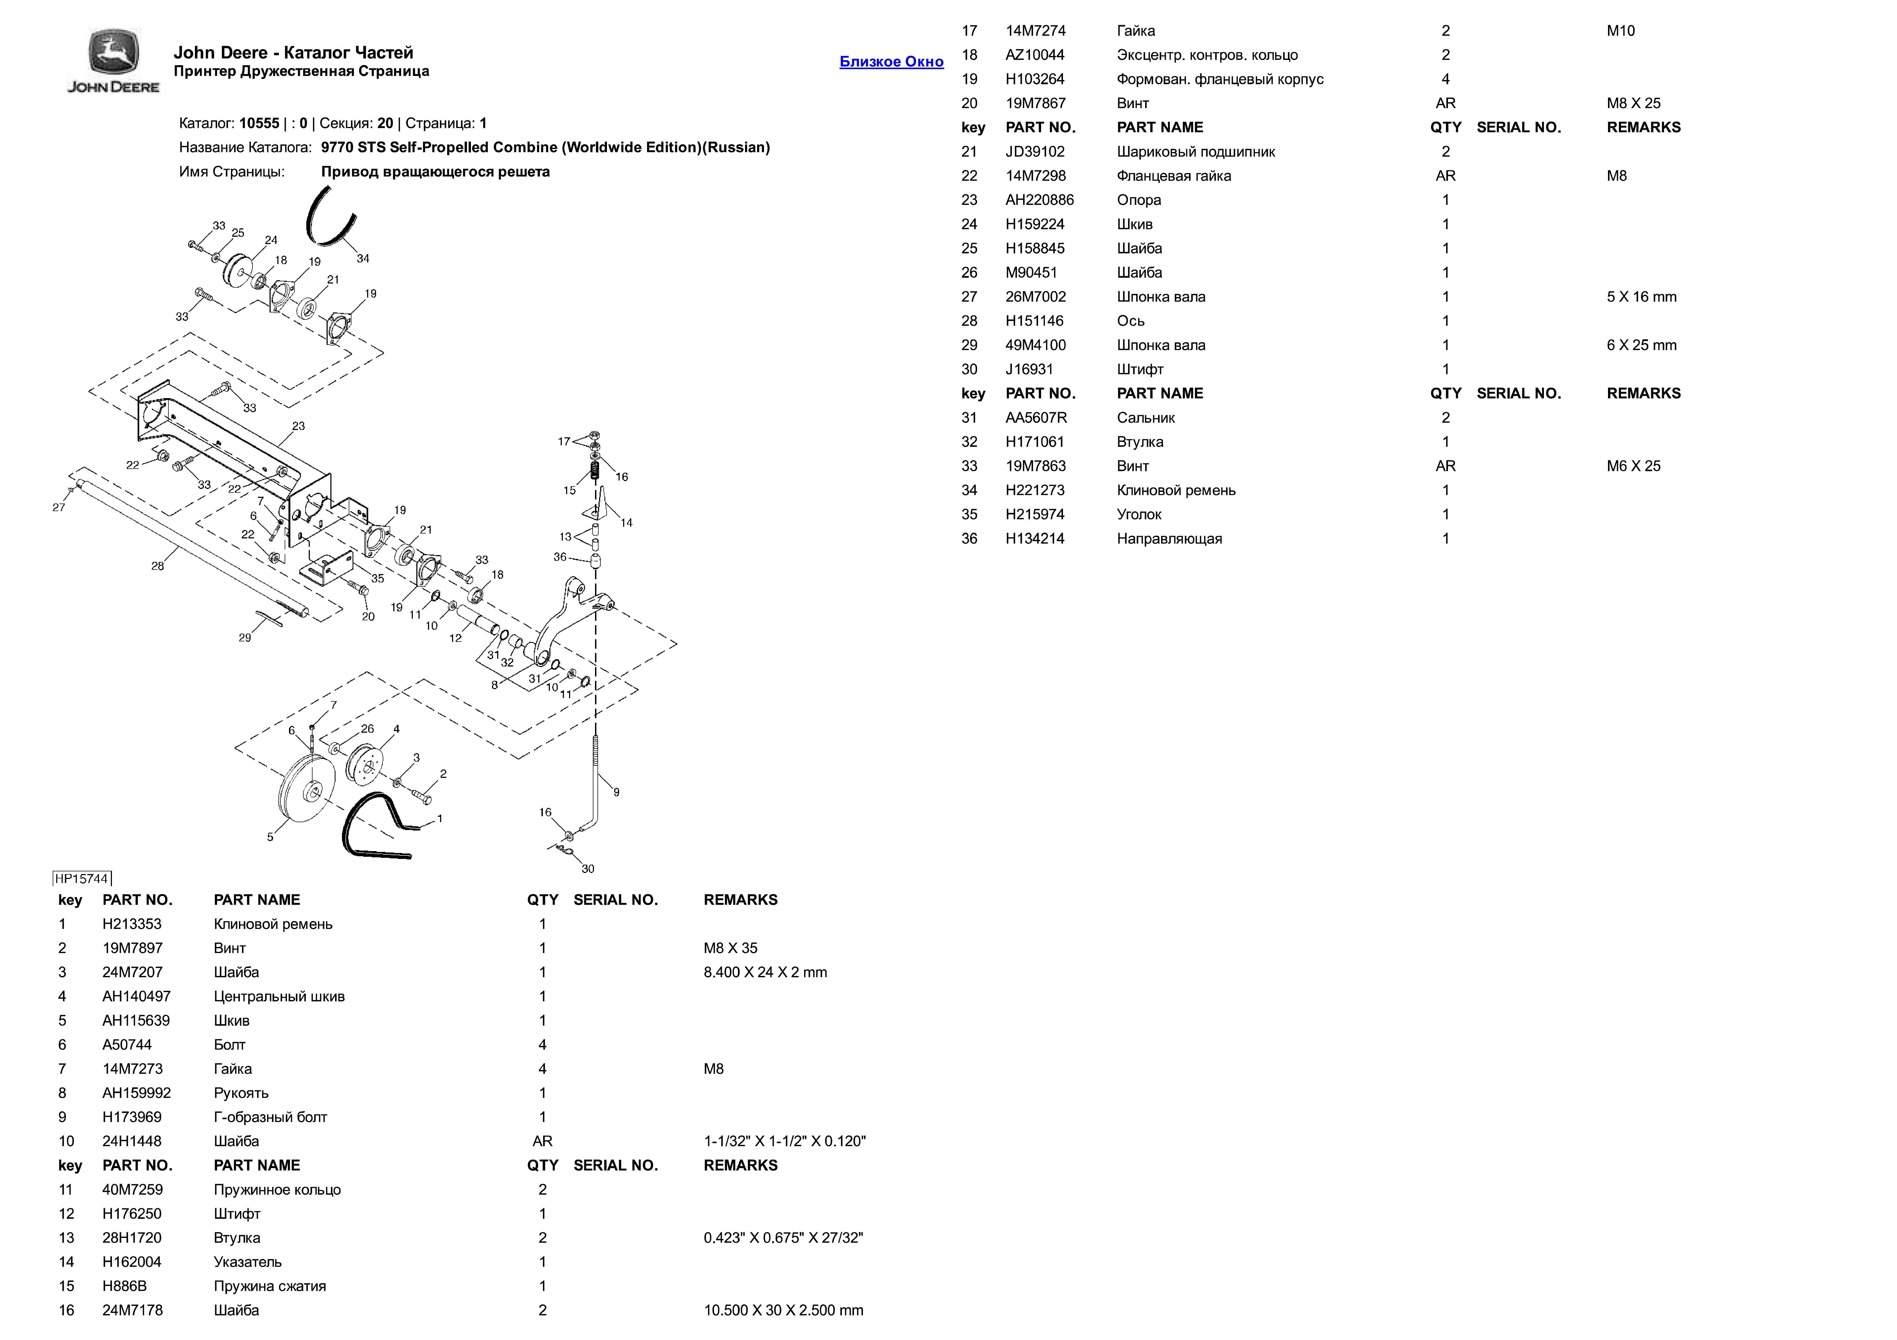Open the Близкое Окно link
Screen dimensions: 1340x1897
(891, 62)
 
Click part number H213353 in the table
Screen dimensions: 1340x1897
(131, 924)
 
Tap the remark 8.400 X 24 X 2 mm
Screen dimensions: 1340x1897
(764, 972)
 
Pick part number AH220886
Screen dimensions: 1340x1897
(1039, 200)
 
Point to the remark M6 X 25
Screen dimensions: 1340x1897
(1633, 466)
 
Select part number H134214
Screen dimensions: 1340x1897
(1034, 539)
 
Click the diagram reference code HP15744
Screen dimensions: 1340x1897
(82, 878)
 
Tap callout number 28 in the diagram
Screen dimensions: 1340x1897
(157, 566)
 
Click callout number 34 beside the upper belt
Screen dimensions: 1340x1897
(363, 259)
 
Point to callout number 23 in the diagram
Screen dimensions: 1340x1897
(298, 426)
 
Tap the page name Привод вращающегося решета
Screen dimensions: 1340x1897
(435, 172)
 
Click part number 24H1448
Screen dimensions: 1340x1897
(131, 1141)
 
